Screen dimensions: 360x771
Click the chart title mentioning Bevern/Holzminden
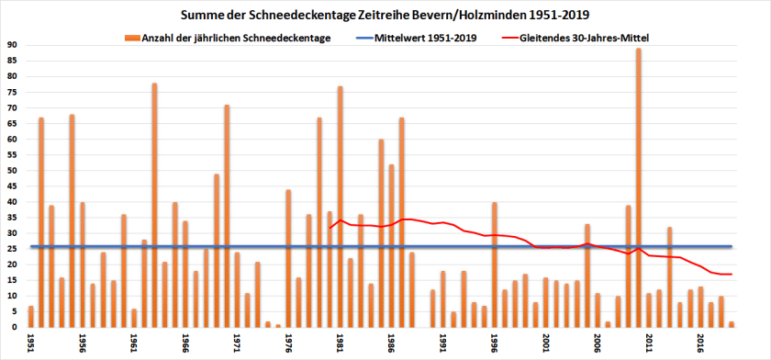[385, 16]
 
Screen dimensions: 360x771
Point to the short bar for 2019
[732, 324]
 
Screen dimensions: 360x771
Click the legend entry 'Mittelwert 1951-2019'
[417, 38]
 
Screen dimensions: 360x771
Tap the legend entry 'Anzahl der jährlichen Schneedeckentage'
[229, 38]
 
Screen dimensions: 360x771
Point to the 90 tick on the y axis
[12, 45]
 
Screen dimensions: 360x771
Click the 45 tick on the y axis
[12, 186]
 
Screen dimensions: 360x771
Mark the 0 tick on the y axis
[15, 327]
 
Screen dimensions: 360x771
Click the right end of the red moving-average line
[732, 275]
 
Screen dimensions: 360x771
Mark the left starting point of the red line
[330, 228]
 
